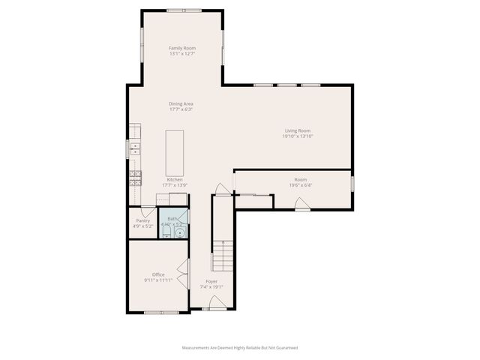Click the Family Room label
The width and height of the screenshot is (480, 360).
(181, 48)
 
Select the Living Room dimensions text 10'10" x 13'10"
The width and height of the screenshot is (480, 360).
(297, 136)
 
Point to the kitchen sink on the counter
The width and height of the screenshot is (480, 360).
(135, 150)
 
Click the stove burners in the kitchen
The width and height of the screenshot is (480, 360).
(135, 177)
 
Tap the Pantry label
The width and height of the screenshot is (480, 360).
(142, 220)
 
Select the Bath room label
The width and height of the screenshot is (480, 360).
(172, 219)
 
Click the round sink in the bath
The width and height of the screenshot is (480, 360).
(178, 232)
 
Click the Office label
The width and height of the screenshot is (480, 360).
(158, 274)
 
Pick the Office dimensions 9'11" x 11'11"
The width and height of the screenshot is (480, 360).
(158, 280)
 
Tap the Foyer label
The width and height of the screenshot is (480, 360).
(211, 281)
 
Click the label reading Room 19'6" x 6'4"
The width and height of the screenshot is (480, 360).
(300, 182)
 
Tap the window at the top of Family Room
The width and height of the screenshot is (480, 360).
(184, 10)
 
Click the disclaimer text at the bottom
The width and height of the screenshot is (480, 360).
(240, 347)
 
